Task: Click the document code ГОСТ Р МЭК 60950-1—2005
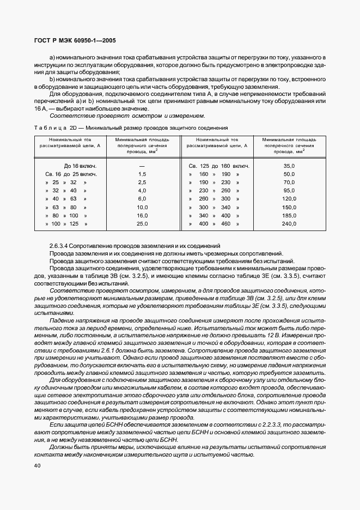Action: coord(74,41)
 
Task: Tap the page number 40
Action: coord(37,465)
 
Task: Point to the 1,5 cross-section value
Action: coord(142,174)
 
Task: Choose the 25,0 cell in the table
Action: coord(142,223)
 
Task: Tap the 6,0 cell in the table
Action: coord(142,199)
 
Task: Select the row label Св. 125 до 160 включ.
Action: coord(219,166)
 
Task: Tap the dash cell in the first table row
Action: coord(142,166)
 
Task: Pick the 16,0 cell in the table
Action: coord(142,215)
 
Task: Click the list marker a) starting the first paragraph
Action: coord(52,57)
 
